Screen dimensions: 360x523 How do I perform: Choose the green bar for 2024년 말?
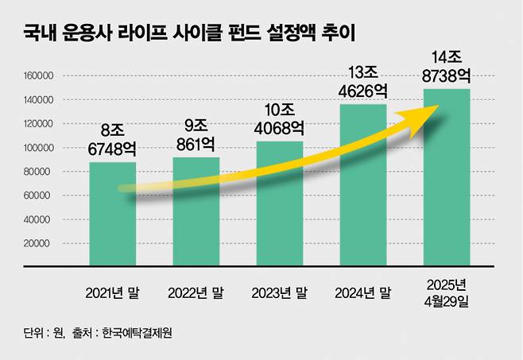click(363, 191)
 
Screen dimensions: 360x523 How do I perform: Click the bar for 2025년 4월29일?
click(447, 183)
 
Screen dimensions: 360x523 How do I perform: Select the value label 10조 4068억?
click(280, 117)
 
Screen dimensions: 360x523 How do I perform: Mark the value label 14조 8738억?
click(447, 66)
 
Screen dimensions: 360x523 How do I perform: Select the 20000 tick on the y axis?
click(39, 243)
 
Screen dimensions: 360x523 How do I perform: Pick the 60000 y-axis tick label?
click(39, 195)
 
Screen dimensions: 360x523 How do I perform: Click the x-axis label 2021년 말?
click(112, 292)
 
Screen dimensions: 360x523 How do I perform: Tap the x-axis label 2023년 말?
click(280, 292)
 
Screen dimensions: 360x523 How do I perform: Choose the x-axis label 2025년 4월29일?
click(447, 292)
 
